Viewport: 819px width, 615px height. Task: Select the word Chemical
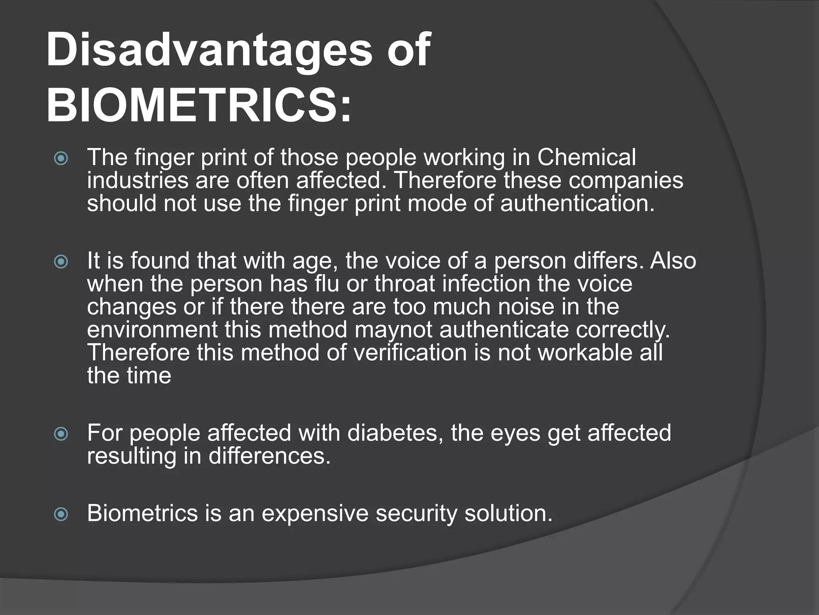586,157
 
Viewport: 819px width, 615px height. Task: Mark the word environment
152,330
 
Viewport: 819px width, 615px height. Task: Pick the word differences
269,456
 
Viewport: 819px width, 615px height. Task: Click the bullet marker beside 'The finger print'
61,159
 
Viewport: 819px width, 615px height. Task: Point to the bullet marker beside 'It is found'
61,262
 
